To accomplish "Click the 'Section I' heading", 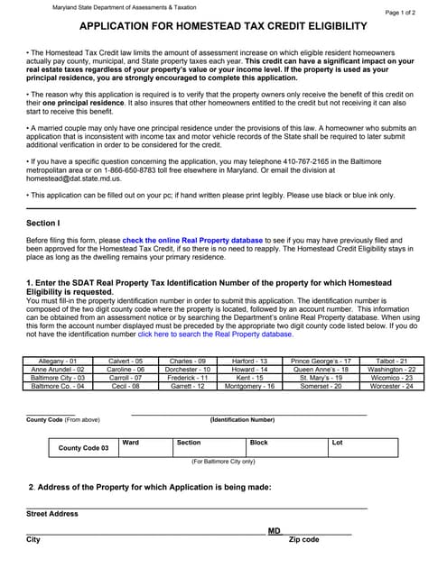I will (x=43, y=223).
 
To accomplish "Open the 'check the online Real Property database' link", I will (x=192, y=241).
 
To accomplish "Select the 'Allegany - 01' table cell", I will (x=55, y=361).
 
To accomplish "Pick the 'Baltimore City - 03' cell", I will (x=55, y=377).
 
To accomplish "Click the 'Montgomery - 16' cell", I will (x=248, y=385).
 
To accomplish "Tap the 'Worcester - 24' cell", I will (x=392, y=385).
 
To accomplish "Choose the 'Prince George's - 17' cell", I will (x=320, y=361).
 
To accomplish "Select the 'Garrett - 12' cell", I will (x=188, y=385).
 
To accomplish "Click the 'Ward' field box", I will (x=144, y=448).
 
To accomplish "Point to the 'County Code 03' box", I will (x=83, y=448).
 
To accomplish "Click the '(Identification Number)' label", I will (x=242, y=420).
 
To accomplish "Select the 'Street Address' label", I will (x=51, y=514).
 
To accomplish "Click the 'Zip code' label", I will (x=303, y=539).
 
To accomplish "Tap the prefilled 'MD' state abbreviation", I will (x=274, y=530).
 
